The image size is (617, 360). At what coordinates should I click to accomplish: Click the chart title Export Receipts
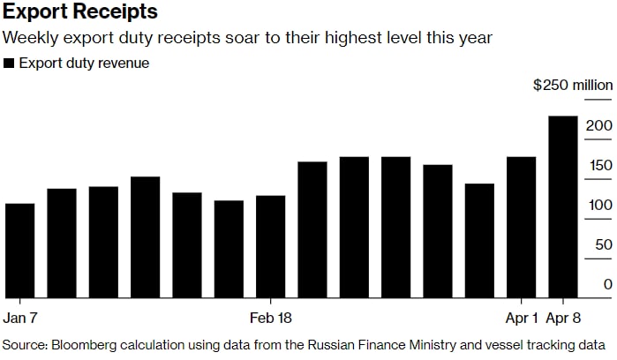point(80,12)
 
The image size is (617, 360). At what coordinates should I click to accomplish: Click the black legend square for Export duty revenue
point(9,64)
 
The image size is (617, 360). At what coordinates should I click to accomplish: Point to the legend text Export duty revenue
point(84,64)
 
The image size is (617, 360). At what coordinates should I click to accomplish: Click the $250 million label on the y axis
point(573,86)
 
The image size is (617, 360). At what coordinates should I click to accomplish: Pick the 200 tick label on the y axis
point(599,126)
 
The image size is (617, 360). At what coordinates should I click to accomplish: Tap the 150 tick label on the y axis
point(599,166)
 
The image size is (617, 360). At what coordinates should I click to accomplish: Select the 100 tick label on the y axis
point(599,206)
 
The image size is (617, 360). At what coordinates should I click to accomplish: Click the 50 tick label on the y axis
point(603,245)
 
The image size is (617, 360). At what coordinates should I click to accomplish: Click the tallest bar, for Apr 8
point(563,207)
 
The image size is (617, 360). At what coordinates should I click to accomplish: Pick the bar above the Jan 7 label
point(19,251)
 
